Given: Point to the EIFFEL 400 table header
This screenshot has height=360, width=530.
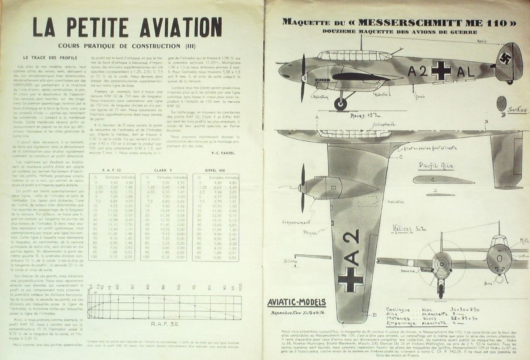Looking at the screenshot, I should click(215, 170).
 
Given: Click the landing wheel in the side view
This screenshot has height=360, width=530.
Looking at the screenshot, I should click(340, 104).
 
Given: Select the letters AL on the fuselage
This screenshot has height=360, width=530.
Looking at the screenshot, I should click(465, 72).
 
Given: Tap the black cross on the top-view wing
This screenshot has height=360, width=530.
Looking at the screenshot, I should click(350, 279).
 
